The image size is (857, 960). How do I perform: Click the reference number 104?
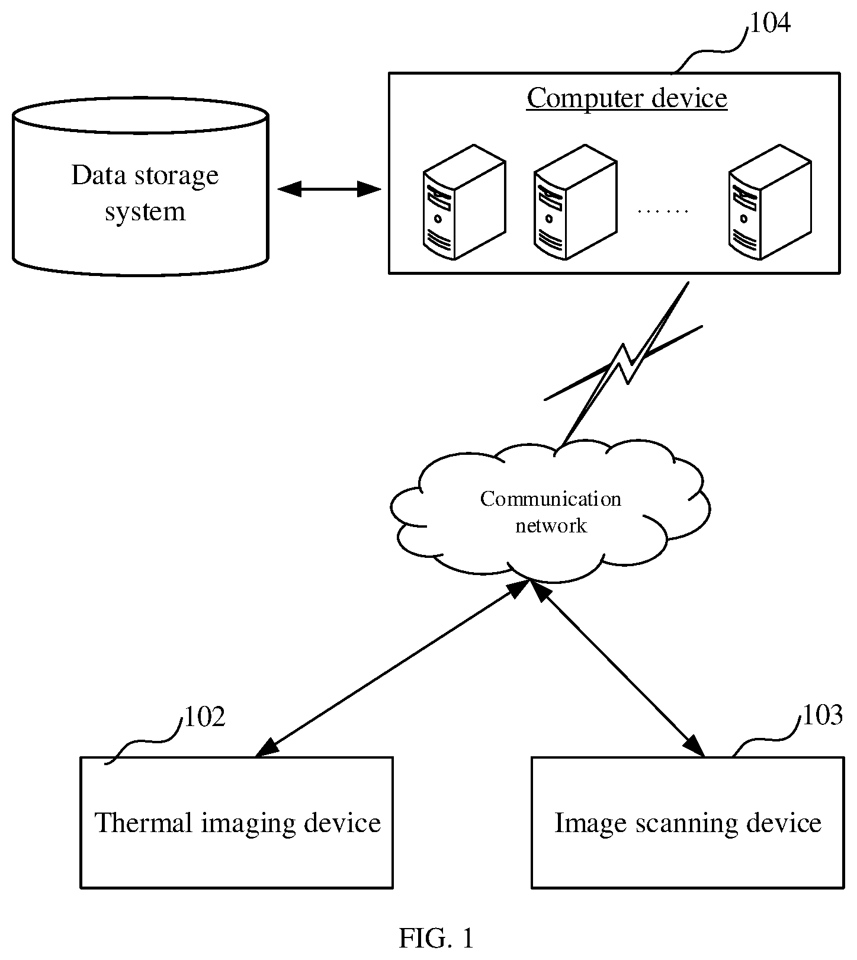770,23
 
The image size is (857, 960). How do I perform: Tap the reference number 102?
205,717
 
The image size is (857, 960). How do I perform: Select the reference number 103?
822,715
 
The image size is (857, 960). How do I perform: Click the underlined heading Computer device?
627,98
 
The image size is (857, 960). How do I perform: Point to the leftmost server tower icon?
464,202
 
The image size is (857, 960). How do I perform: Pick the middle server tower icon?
575,202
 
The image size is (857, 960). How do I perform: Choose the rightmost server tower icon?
769,202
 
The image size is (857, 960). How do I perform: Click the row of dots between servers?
663,211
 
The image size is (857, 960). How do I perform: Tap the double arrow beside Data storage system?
329,190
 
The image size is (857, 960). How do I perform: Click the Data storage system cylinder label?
145,193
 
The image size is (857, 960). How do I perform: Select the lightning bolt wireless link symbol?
623,362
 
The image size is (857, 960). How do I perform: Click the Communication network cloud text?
551,512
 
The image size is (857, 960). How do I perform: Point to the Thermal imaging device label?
237,823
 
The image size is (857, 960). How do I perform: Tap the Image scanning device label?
688,823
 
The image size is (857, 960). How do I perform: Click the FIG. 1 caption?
436,939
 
